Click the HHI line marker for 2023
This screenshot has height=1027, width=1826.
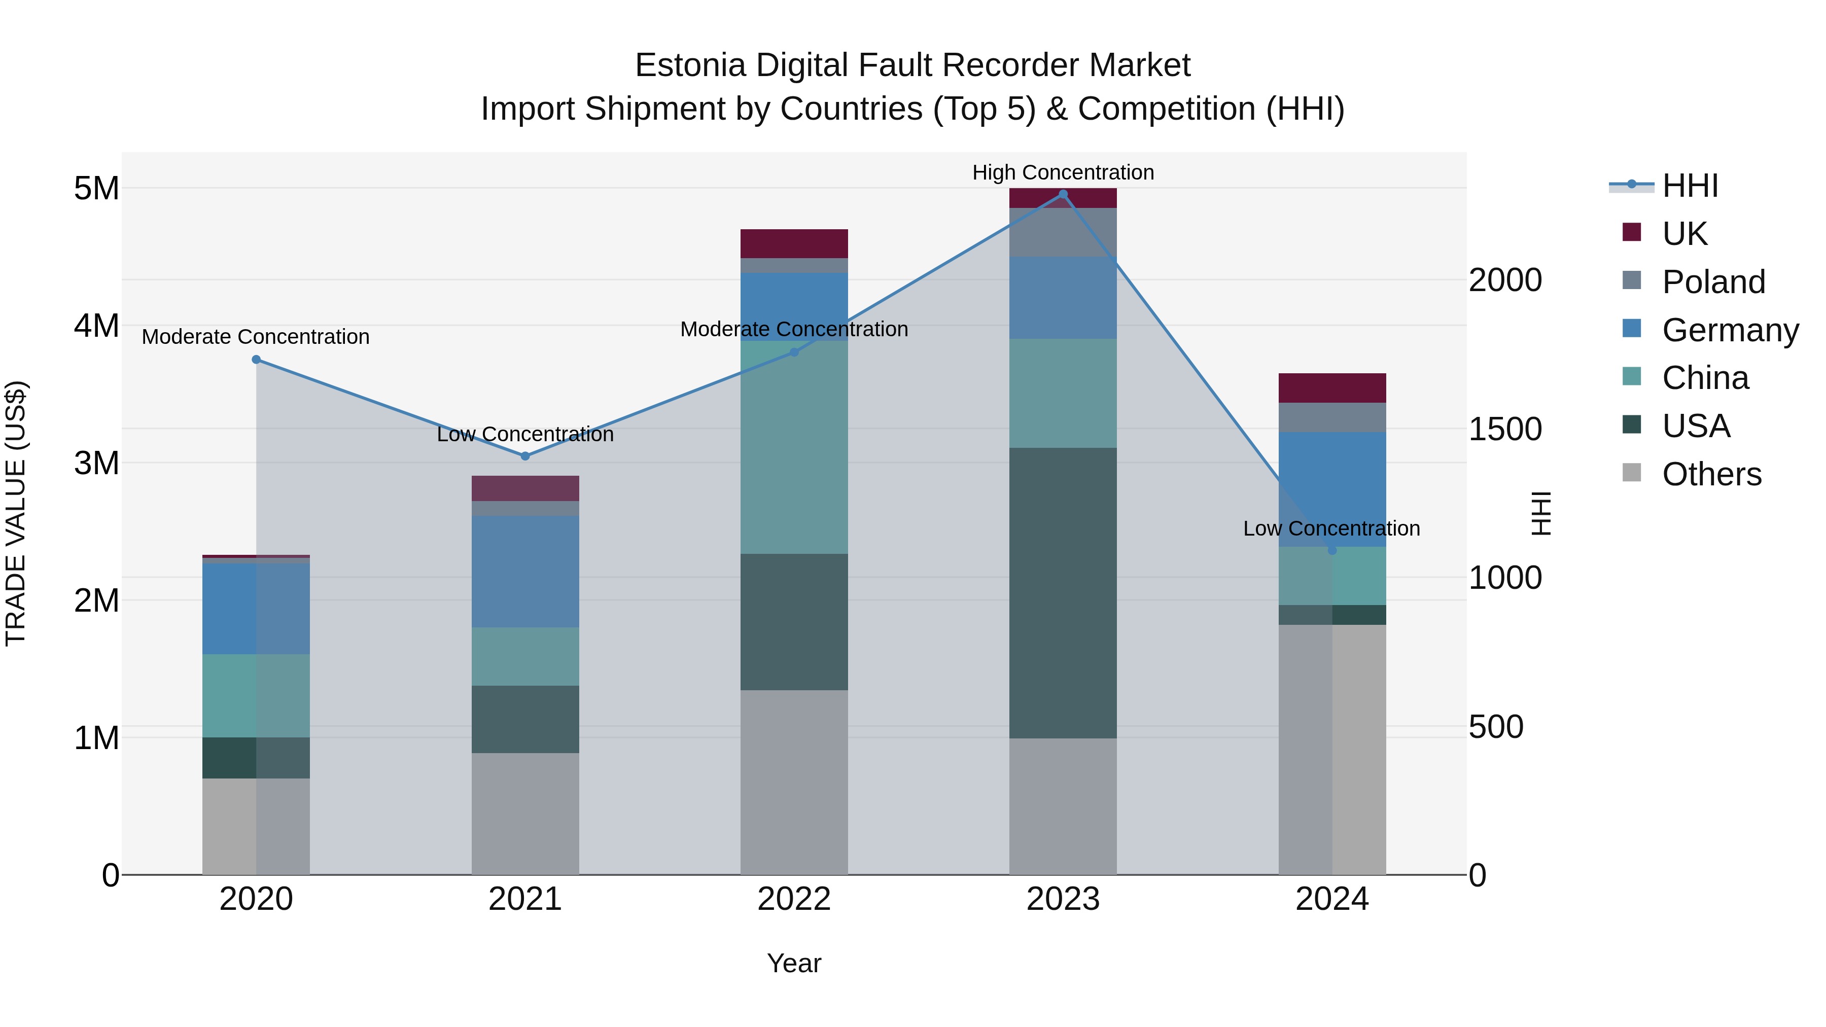click(x=1063, y=194)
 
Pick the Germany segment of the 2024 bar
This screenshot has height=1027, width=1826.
click(x=1332, y=489)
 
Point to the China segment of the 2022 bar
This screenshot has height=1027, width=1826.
click(x=794, y=446)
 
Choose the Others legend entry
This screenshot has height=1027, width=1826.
click(x=1711, y=474)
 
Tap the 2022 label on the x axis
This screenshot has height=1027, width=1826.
click(x=794, y=899)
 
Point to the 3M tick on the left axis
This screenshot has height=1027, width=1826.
click(x=96, y=463)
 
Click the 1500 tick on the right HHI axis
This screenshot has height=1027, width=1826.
click(x=1504, y=429)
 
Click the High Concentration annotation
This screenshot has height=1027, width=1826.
click(x=1063, y=172)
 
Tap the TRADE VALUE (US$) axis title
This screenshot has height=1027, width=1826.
click(x=16, y=513)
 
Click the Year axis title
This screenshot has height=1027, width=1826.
click(x=794, y=963)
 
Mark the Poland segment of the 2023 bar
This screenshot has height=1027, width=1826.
click(x=1063, y=232)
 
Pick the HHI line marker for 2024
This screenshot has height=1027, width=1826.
click(x=1332, y=550)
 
